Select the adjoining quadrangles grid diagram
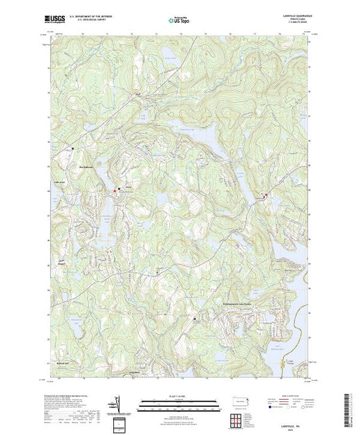click(x=237, y=418)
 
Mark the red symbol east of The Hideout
click(x=115, y=190)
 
